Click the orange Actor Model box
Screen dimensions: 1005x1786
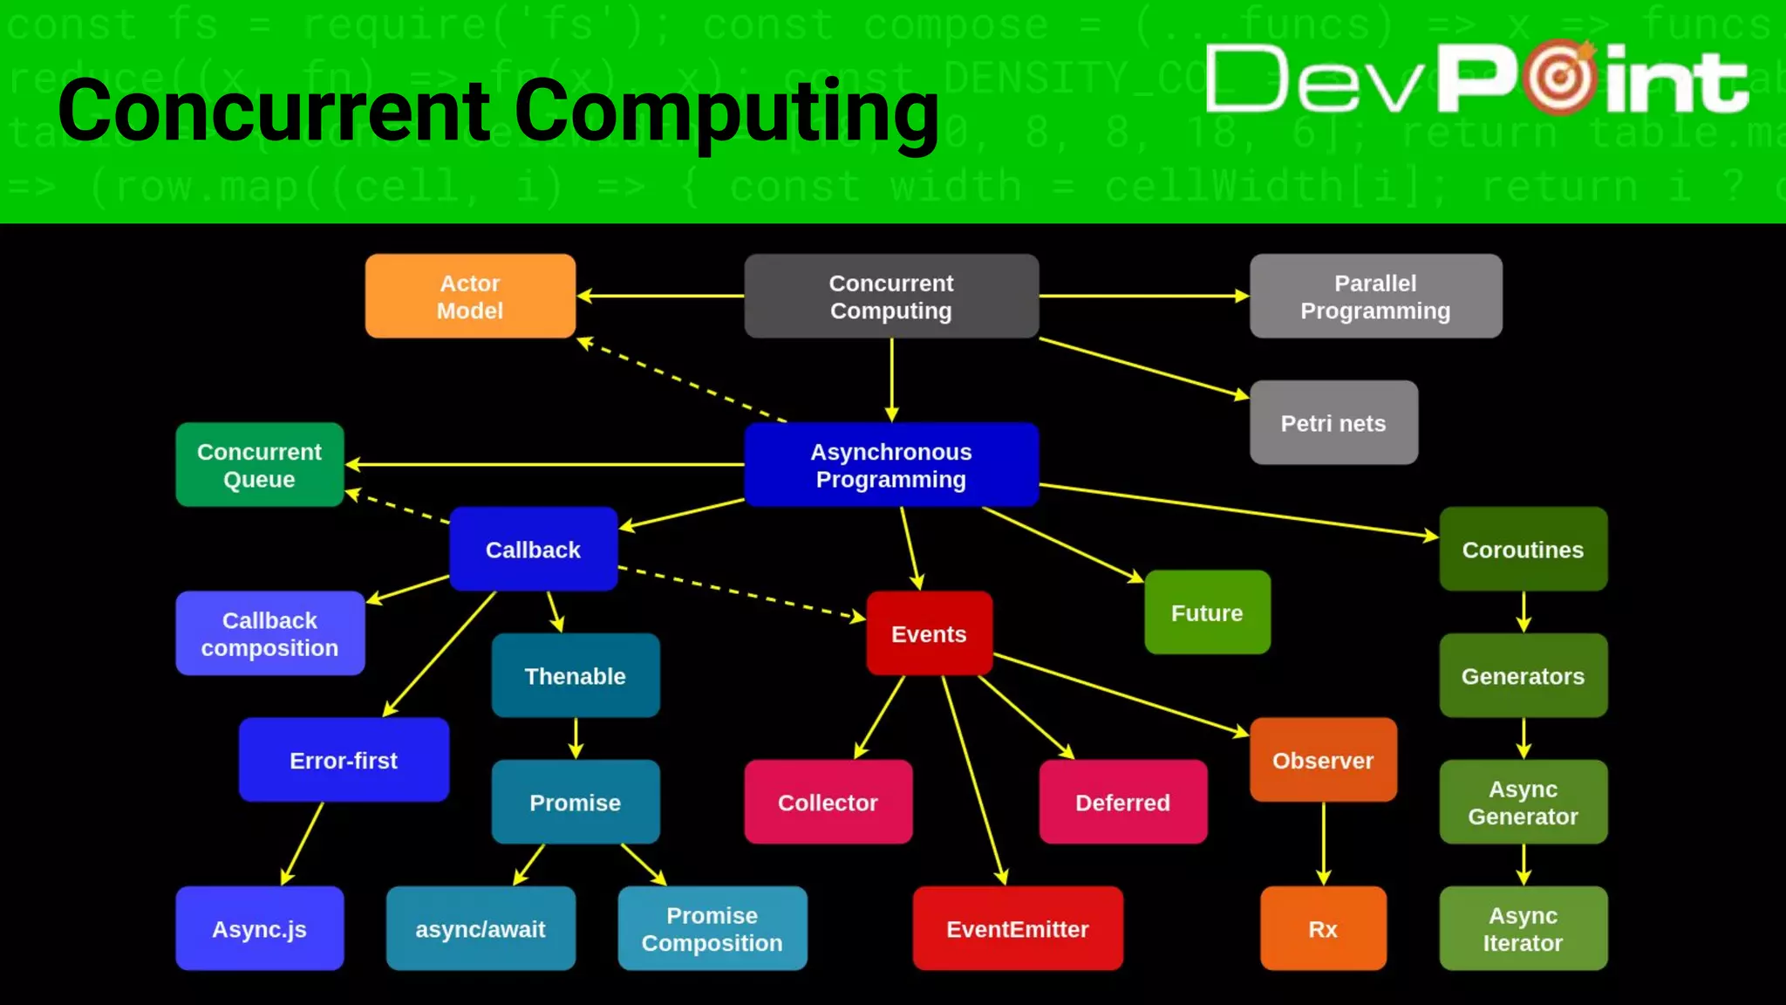470,297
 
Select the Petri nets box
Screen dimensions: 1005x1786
1333,423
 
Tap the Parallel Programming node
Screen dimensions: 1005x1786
1375,297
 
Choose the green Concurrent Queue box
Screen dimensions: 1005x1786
259,465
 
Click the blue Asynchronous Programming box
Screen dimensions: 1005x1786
890,465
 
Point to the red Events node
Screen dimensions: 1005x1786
929,633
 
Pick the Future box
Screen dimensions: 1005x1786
1207,612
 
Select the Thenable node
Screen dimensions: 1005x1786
575,676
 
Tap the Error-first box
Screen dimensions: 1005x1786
344,760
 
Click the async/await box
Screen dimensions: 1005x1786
481,929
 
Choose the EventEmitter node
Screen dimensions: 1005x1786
1018,929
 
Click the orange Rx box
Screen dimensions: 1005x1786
1323,929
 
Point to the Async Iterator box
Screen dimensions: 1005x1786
1523,929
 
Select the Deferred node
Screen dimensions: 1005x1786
1122,803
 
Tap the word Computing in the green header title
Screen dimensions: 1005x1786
726,112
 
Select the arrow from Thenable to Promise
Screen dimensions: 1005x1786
576,738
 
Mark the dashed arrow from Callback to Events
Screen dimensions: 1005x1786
741,593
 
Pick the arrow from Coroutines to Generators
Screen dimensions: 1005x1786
1524,612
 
